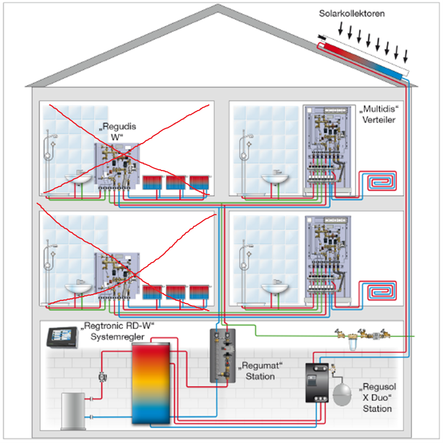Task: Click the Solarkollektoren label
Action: click(351, 14)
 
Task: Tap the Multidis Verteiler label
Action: click(378, 114)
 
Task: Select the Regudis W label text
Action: click(118, 131)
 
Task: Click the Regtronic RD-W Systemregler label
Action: click(118, 331)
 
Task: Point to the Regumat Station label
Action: click(260, 371)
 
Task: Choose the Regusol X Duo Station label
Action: click(378, 397)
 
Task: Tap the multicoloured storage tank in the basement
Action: click(151, 383)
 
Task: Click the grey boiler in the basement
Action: click(73, 411)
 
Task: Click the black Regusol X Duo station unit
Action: click(317, 383)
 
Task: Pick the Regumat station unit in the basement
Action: click(223, 356)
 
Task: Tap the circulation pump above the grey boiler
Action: click(102, 377)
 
